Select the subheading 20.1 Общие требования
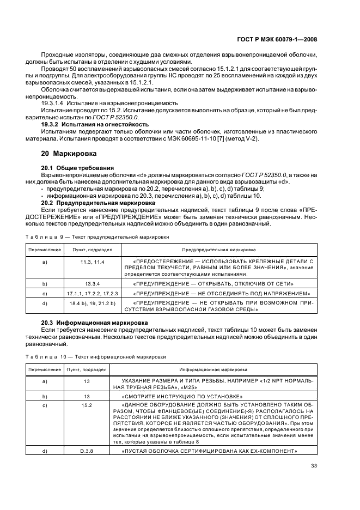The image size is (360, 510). (x=77, y=167)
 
